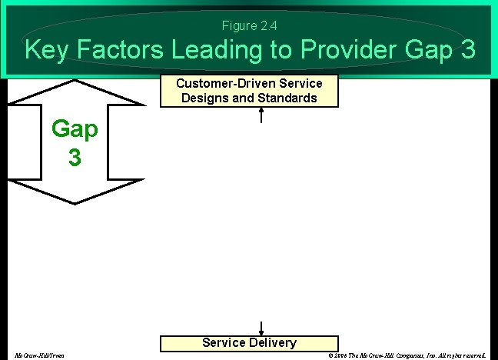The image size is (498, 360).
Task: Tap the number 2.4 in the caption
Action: [268, 26]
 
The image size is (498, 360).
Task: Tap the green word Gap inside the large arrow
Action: [75, 129]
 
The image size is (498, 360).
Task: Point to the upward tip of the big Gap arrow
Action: [75, 80]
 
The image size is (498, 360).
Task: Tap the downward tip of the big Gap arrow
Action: [75, 202]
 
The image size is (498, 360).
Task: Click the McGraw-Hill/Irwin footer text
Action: [39, 355]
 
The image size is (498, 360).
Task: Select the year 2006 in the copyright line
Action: [340, 355]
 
